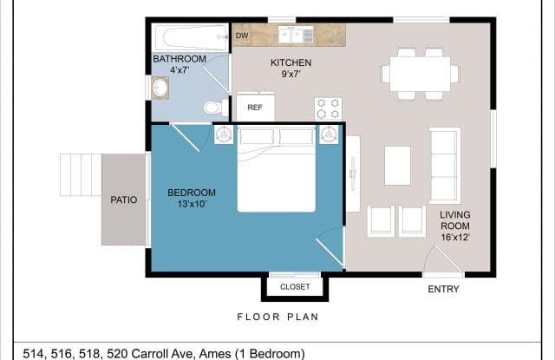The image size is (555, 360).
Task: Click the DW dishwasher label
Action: pos(242,36)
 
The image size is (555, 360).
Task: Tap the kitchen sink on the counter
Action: pos(296,35)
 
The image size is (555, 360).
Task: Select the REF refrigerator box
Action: pos(255,107)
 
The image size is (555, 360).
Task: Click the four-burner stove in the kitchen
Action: pos(328,108)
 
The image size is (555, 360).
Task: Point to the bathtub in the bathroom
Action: pos(192,37)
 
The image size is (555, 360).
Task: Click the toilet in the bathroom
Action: pos(216,108)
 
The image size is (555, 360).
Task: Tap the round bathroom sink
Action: pos(160,88)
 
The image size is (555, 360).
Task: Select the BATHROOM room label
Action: pos(180,59)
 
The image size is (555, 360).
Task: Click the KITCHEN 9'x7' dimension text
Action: pos(291,74)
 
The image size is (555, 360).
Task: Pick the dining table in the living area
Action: pos(420,74)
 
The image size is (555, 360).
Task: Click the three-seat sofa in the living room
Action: pos(445,166)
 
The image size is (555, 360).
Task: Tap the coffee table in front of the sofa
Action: pos(397,166)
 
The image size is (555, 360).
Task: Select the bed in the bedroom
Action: pos(277,170)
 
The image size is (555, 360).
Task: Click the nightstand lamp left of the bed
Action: pos(224,134)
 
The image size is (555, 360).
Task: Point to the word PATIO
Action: pos(124,200)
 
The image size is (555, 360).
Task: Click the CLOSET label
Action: pos(295,287)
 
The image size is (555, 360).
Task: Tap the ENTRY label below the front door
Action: pos(443,289)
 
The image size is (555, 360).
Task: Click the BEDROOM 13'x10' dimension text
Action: pos(192,204)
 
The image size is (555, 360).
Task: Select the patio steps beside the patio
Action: pos(81,174)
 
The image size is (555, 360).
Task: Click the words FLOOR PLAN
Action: pos(277,317)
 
